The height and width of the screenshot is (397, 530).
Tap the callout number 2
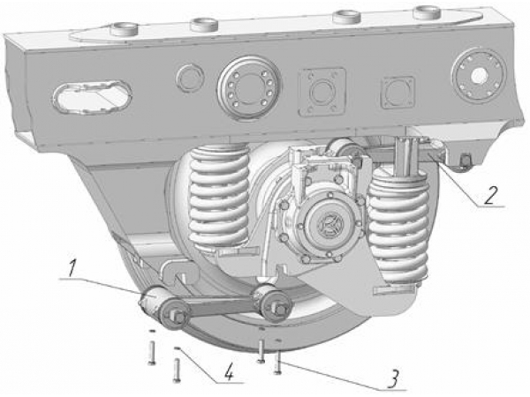[490, 194]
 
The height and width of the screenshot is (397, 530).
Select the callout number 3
[394, 379]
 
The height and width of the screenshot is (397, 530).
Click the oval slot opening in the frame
[92, 97]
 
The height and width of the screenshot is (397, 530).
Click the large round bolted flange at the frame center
[249, 87]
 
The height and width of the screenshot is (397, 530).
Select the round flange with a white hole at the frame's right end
[480, 73]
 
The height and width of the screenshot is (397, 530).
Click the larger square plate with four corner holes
[322, 92]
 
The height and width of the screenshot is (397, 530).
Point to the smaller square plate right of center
[397, 93]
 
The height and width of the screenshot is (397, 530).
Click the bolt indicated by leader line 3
[278, 362]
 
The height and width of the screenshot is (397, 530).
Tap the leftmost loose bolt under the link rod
[152, 352]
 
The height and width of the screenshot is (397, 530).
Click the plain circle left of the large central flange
[190, 78]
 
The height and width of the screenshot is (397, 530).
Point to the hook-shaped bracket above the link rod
[180, 273]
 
